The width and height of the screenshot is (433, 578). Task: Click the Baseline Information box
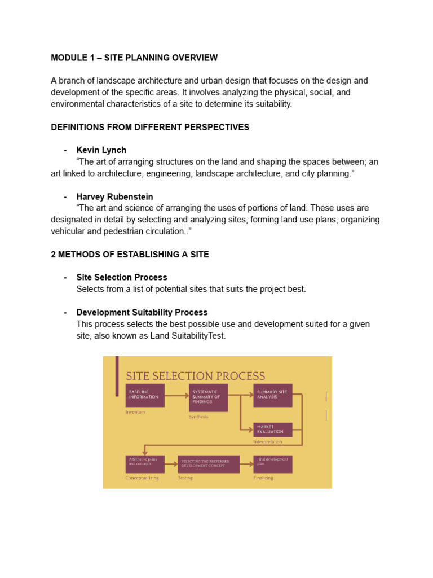(145, 396)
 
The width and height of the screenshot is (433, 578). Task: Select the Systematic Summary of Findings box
(209, 398)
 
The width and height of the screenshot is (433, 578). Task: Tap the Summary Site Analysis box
(273, 396)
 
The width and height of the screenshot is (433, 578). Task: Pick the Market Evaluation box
(273, 430)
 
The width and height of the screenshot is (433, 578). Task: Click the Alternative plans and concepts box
(145, 464)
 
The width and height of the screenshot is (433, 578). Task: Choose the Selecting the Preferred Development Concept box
(209, 464)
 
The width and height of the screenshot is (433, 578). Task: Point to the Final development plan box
(273, 464)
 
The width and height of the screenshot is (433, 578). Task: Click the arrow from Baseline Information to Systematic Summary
(176, 396)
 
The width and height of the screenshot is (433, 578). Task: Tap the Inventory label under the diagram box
(135, 412)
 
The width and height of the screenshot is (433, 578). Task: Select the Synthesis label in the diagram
(198, 417)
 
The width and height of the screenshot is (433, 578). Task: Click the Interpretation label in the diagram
(268, 441)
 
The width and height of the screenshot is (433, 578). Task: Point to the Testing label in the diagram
(185, 478)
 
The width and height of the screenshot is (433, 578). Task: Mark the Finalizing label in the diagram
(263, 478)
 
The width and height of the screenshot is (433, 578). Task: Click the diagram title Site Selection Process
(196, 376)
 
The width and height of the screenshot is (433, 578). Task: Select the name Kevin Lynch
(101, 150)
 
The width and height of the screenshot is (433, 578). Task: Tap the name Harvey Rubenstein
(114, 196)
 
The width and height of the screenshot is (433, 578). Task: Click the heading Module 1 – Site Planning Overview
(134, 58)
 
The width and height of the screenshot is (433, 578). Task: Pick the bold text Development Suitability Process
(142, 312)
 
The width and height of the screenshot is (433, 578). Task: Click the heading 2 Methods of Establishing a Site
(130, 255)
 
